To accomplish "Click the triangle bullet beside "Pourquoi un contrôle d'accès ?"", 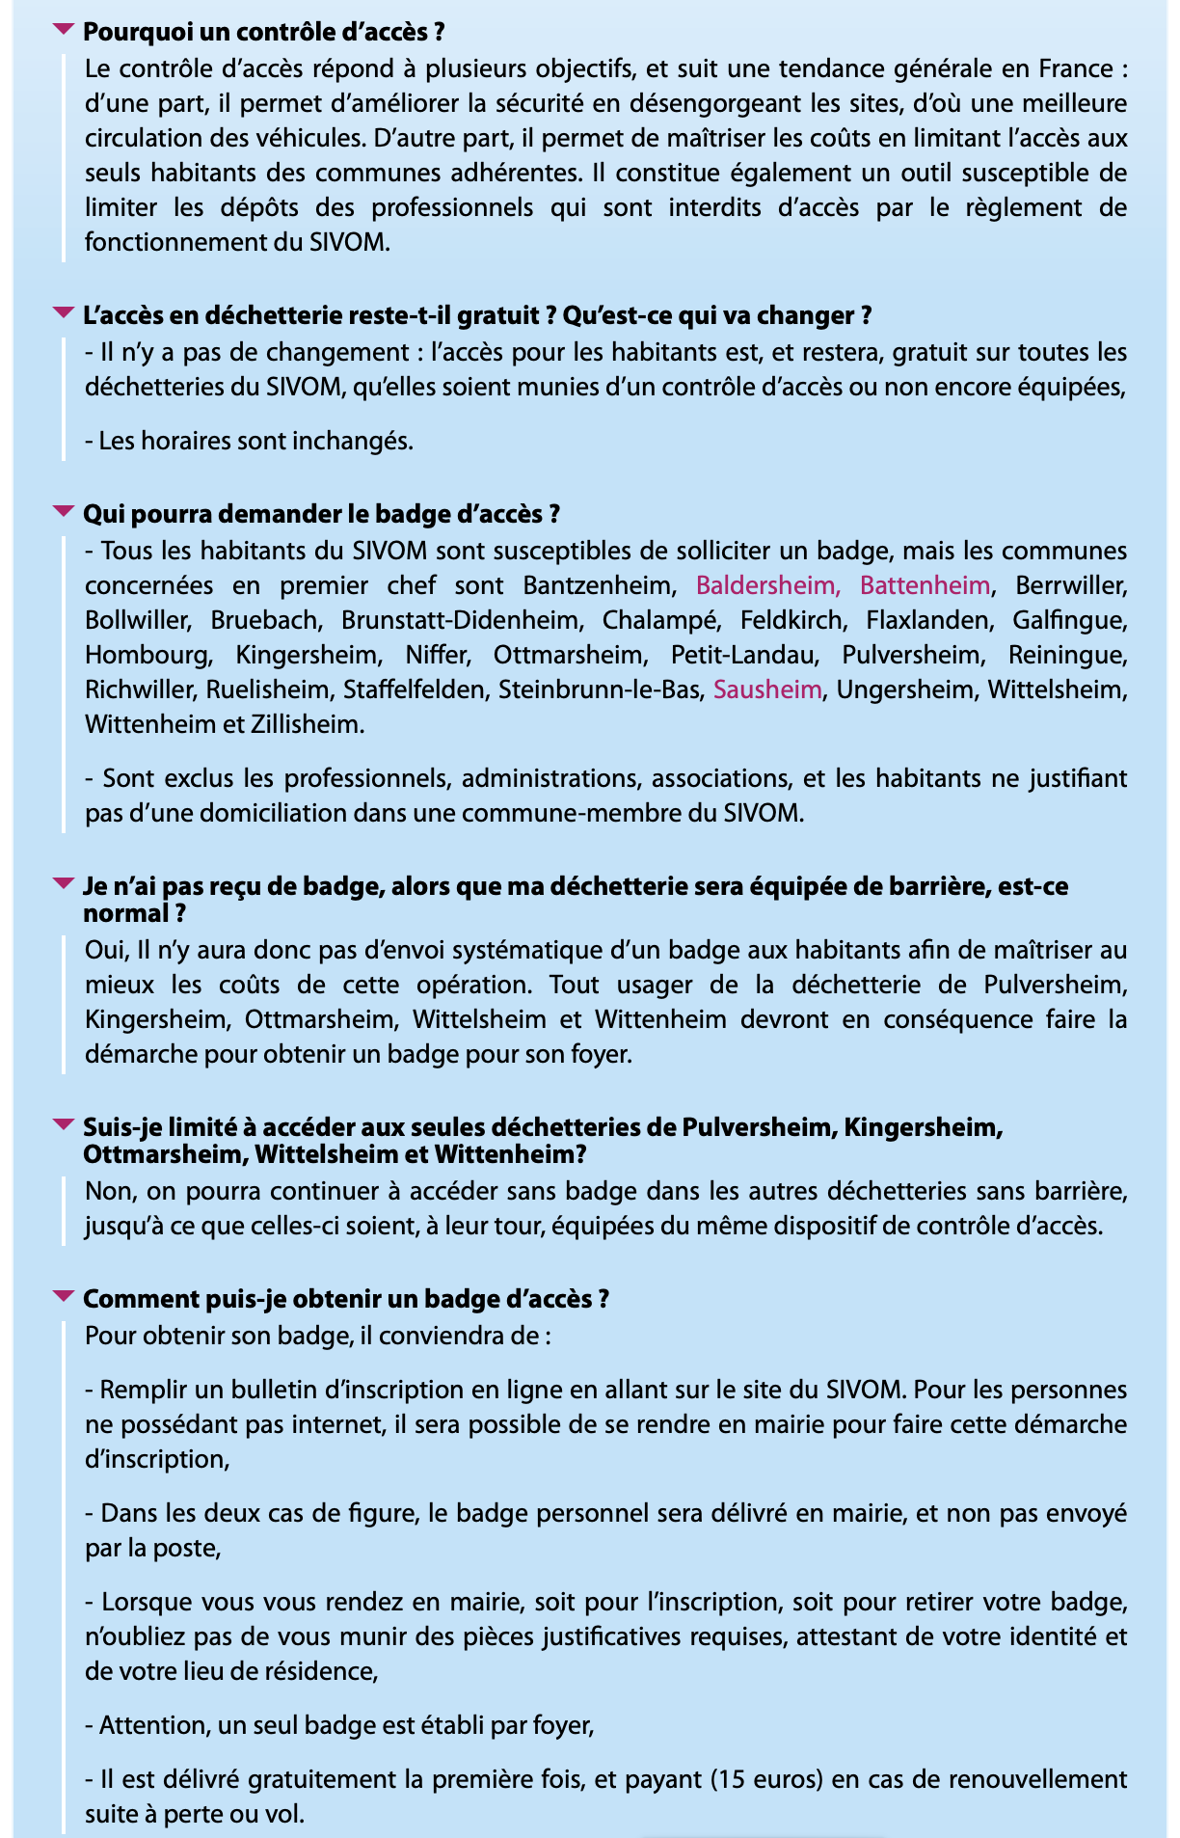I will tap(63, 30).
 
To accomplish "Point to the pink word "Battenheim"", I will tap(925, 585).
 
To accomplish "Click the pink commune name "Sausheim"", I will tap(767, 689).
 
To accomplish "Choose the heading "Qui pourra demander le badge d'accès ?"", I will tap(321, 514).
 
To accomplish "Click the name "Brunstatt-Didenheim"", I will tap(460, 620).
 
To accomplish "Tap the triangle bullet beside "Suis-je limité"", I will tap(63, 1124).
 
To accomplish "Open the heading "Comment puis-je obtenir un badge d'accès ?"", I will tap(346, 1299).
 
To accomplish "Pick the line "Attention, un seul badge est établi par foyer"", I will tap(339, 1725).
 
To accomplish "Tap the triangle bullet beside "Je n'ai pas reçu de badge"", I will tap(63, 883).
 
